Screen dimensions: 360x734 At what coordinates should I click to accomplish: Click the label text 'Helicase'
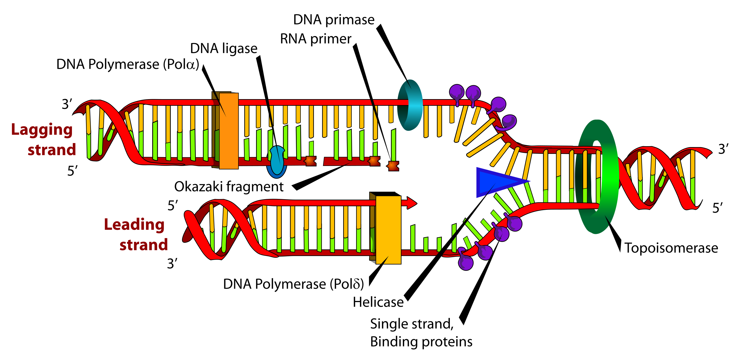pyautogui.click(x=378, y=302)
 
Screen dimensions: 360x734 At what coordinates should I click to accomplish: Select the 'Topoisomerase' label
pyautogui.click(x=671, y=248)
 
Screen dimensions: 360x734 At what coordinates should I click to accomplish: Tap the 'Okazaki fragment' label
pyautogui.click(x=229, y=187)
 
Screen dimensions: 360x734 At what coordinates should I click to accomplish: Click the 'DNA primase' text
pyautogui.click(x=334, y=20)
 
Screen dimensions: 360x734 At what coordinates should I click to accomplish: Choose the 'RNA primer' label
pyautogui.click(x=316, y=39)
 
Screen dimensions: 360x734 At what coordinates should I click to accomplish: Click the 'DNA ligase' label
pyautogui.click(x=224, y=48)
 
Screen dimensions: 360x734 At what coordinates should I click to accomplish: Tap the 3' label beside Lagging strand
pyautogui.click(x=67, y=104)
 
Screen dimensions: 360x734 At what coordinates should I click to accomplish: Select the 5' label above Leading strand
pyautogui.click(x=173, y=206)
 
